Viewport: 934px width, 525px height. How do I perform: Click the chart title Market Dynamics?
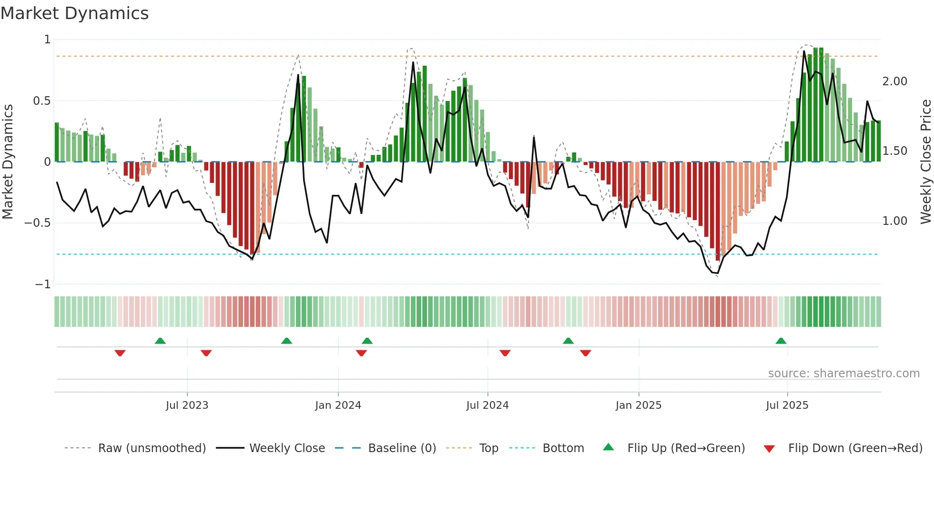click(x=75, y=13)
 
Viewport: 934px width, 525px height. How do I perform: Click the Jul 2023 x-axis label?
click(x=187, y=405)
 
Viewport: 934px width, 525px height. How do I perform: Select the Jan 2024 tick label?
click(x=338, y=405)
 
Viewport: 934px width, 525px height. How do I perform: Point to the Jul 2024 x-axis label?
click(x=487, y=405)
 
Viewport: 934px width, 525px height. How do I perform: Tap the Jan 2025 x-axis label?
click(x=638, y=405)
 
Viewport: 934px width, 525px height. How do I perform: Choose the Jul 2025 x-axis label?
click(x=787, y=405)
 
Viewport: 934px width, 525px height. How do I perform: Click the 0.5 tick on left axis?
click(x=41, y=101)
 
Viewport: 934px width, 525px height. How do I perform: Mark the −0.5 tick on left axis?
click(x=38, y=223)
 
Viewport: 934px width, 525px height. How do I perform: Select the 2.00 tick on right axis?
click(x=894, y=81)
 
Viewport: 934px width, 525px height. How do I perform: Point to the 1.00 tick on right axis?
click(x=894, y=221)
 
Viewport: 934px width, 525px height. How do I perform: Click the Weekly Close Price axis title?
click(x=925, y=162)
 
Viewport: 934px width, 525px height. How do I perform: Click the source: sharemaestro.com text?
click(x=843, y=374)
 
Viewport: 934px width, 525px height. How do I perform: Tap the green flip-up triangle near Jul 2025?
click(x=781, y=341)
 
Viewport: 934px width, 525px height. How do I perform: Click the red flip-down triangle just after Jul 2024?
click(x=505, y=353)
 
